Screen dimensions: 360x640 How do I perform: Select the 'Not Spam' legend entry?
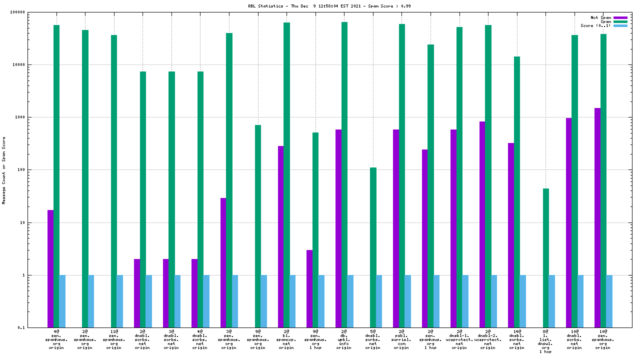point(600,17)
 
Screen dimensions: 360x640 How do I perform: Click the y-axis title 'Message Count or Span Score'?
point(4,170)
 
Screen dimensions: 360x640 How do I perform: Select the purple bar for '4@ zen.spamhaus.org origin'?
point(50,268)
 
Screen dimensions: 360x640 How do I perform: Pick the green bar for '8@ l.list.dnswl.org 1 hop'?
point(546,258)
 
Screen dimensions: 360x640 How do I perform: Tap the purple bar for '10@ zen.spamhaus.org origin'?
point(597,217)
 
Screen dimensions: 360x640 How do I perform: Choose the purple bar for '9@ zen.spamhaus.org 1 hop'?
point(309,288)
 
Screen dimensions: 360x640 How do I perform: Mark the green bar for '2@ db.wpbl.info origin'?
point(344,174)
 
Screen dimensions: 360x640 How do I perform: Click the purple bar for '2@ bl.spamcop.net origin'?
point(281,236)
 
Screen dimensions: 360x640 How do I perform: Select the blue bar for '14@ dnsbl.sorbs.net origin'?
point(523,301)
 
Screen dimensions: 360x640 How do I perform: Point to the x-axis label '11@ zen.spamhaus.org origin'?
point(113,338)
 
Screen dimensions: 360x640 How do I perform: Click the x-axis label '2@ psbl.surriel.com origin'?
point(401,338)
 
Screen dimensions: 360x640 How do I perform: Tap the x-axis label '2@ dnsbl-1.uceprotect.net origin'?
point(459,338)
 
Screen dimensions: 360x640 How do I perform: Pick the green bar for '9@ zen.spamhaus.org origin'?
point(258,226)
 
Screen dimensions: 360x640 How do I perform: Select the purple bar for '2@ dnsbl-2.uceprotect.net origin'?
point(482,224)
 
